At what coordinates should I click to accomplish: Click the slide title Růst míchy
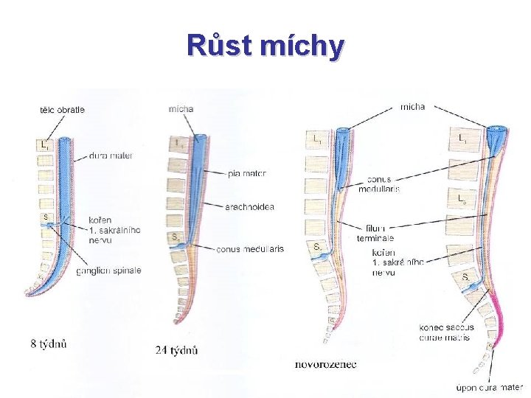pos(265,45)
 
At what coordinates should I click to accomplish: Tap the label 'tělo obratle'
pos(62,110)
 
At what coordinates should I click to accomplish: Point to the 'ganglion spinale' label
pos(108,270)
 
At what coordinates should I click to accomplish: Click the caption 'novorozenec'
pos(325,364)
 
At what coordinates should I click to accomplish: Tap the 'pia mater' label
pos(246,174)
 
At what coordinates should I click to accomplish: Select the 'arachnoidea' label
pos(251,207)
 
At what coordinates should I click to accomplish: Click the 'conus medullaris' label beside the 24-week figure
pos(249,249)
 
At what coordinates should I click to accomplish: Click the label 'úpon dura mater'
pos(488,386)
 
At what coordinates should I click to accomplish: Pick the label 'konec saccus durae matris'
pos(446,332)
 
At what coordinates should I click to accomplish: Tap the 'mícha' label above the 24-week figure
pos(181,109)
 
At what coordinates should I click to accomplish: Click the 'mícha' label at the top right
pos(412,107)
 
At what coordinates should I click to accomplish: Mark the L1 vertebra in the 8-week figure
pos(45,146)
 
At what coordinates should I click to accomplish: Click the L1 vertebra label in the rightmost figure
pos(462,138)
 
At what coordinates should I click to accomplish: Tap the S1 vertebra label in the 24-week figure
pos(174,237)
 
